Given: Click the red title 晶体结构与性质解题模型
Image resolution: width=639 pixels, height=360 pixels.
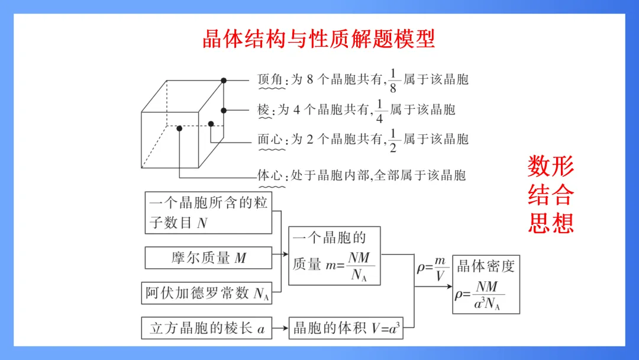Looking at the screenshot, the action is click(x=319, y=39).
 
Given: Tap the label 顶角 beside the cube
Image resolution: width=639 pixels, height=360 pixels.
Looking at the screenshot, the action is click(x=271, y=79).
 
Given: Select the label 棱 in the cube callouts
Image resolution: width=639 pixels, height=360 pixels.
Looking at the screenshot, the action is click(x=264, y=110).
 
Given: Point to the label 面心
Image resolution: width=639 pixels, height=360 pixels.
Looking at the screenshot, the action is click(x=271, y=140).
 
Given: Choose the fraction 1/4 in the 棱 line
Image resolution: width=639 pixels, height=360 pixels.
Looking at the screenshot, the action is click(x=380, y=110).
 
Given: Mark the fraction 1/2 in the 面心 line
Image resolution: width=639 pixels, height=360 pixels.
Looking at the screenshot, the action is click(x=393, y=140).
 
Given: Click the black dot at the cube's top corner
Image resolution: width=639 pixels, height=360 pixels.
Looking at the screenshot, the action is click(x=224, y=80).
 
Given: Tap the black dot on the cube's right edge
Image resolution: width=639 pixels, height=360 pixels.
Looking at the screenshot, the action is click(x=224, y=110).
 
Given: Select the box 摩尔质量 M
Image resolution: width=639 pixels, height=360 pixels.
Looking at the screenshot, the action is click(x=208, y=258).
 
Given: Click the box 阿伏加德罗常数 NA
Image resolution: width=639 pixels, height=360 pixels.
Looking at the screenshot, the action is click(x=208, y=293).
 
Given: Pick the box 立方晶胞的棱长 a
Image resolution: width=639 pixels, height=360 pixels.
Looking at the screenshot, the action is click(x=207, y=329).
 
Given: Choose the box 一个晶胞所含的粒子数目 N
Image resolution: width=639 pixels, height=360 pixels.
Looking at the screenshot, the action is click(x=208, y=213).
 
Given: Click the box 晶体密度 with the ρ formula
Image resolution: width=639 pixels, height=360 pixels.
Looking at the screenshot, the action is click(x=486, y=284).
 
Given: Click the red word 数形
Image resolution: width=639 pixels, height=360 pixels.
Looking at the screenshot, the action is click(x=551, y=167).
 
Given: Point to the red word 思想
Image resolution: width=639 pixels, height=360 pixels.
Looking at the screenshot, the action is click(x=551, y=223).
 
